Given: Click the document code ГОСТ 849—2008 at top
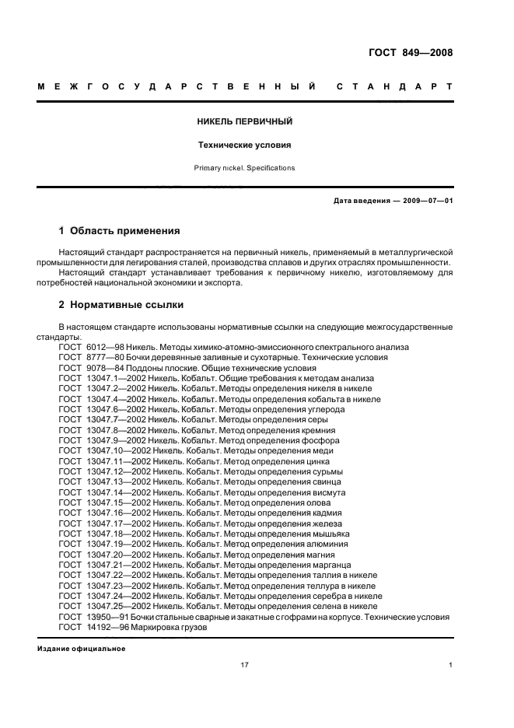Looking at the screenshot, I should click(x=410, y=53).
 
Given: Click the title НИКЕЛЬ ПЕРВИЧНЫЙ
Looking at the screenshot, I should click(x=245, y=122).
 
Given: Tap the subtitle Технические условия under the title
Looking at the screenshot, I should click(x=245, y=145).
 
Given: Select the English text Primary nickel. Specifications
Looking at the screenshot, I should click(x=245, y=167).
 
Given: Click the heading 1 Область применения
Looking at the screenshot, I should click(x=120, y=231).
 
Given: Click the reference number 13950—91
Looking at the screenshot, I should click(x=107, y=617).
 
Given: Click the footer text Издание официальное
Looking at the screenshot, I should click(x=81, y=648).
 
